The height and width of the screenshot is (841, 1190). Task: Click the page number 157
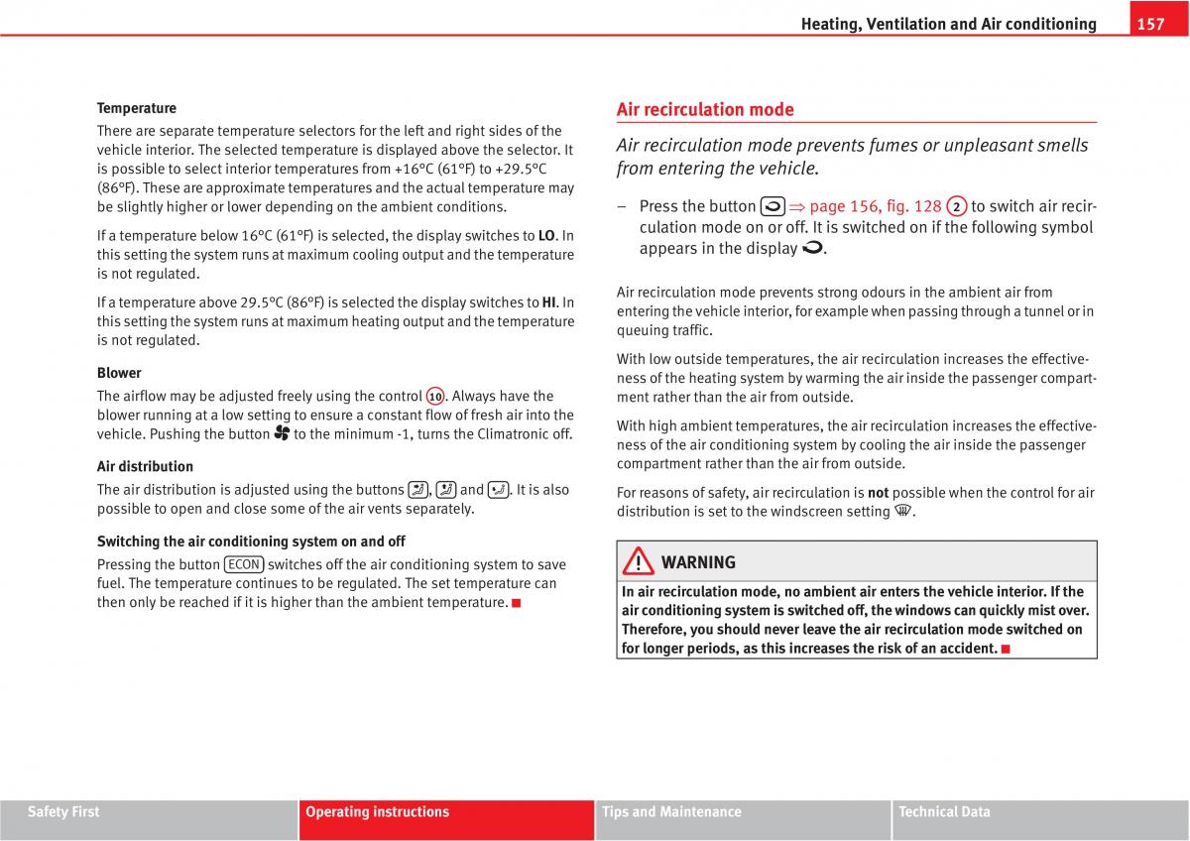tap(1150, 24)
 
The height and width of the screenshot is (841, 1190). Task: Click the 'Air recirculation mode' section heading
tap(705, 109)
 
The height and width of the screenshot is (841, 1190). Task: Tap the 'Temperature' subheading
tap(137, 108)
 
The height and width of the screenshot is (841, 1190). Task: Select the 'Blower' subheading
tap(119, 373)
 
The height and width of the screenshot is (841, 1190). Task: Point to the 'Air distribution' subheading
tap(145, 466)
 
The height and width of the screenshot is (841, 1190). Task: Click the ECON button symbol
tap(244, 564)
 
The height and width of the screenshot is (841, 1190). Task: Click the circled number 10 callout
tap(435, 397)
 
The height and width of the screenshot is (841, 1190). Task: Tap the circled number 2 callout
tap(956, 206)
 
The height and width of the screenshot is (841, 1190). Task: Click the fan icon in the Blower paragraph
tap(282, 433)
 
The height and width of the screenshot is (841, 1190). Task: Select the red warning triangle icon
tap(639, 562)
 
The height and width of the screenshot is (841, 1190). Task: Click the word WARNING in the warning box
tap(698, 562)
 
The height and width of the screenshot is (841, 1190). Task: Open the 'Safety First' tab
tap(63, 812)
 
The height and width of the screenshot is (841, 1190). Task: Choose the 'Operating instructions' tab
tap(377, 812)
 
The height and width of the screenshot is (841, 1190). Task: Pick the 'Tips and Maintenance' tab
tap(671, 812)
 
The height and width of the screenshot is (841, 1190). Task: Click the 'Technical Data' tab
tap(944, 812)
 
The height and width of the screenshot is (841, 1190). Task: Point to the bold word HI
tap(548, 302)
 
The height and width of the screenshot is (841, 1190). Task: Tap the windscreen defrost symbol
tap(902, 512)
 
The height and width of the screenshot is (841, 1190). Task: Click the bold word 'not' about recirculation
tap(878, 492)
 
